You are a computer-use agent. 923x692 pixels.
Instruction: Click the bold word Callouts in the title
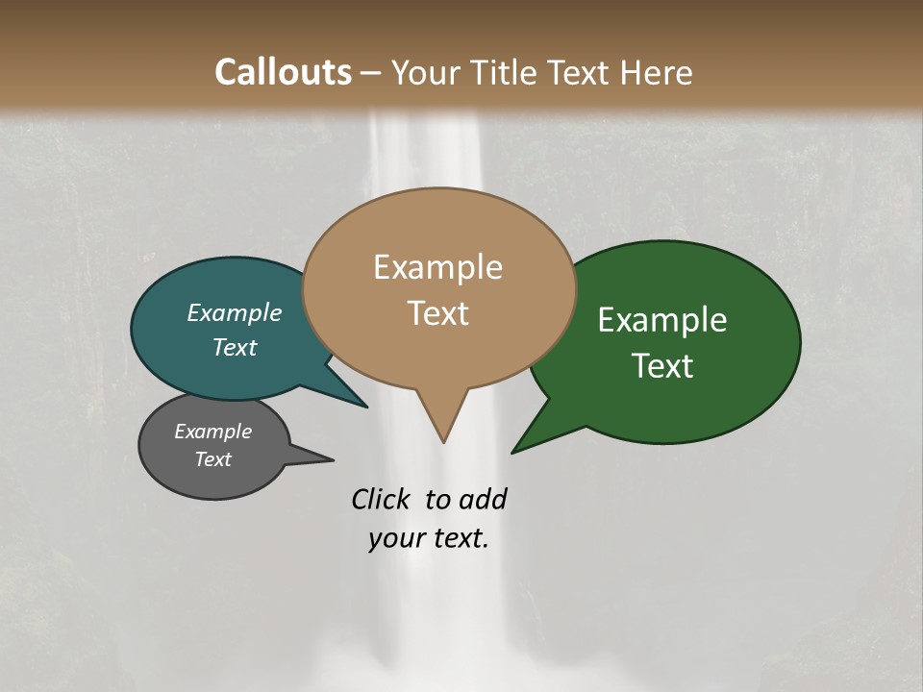pyautogui.click(x=283, y=72)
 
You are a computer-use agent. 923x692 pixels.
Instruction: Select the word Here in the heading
pyautogui.click(x=658, y=72)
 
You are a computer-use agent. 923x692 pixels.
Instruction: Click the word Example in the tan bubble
pyautogui.click(x=437, y=267)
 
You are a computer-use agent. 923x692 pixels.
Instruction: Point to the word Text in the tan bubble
pyautogui.click(x=437, y=313)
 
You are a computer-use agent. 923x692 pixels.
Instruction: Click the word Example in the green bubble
pyautogui.click(x=662, y=320)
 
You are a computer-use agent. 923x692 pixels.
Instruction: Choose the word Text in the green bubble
pyautogui.click(x=662, y=366)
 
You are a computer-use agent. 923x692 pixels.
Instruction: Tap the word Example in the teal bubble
pyautogui.click(x=235, y=312)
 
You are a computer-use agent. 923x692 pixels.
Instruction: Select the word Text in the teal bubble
pyautogui.click(x=235, y=347)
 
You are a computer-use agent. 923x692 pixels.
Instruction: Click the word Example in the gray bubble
pyautogui.click(x=212, y=432)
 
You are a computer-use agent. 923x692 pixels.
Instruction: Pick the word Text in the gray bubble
pyautogui.click(x=212, y=459)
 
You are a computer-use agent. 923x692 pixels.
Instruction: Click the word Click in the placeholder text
pyautogui.click(x=382, y=499)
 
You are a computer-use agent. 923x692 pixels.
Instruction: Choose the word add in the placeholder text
pyautogui.click(x=482, y=499)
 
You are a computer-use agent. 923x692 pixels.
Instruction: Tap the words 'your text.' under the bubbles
pyautogui.click(x=429, y=538)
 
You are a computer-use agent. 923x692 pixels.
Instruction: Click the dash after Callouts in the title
pyautogui.click(x=371, y=72)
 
